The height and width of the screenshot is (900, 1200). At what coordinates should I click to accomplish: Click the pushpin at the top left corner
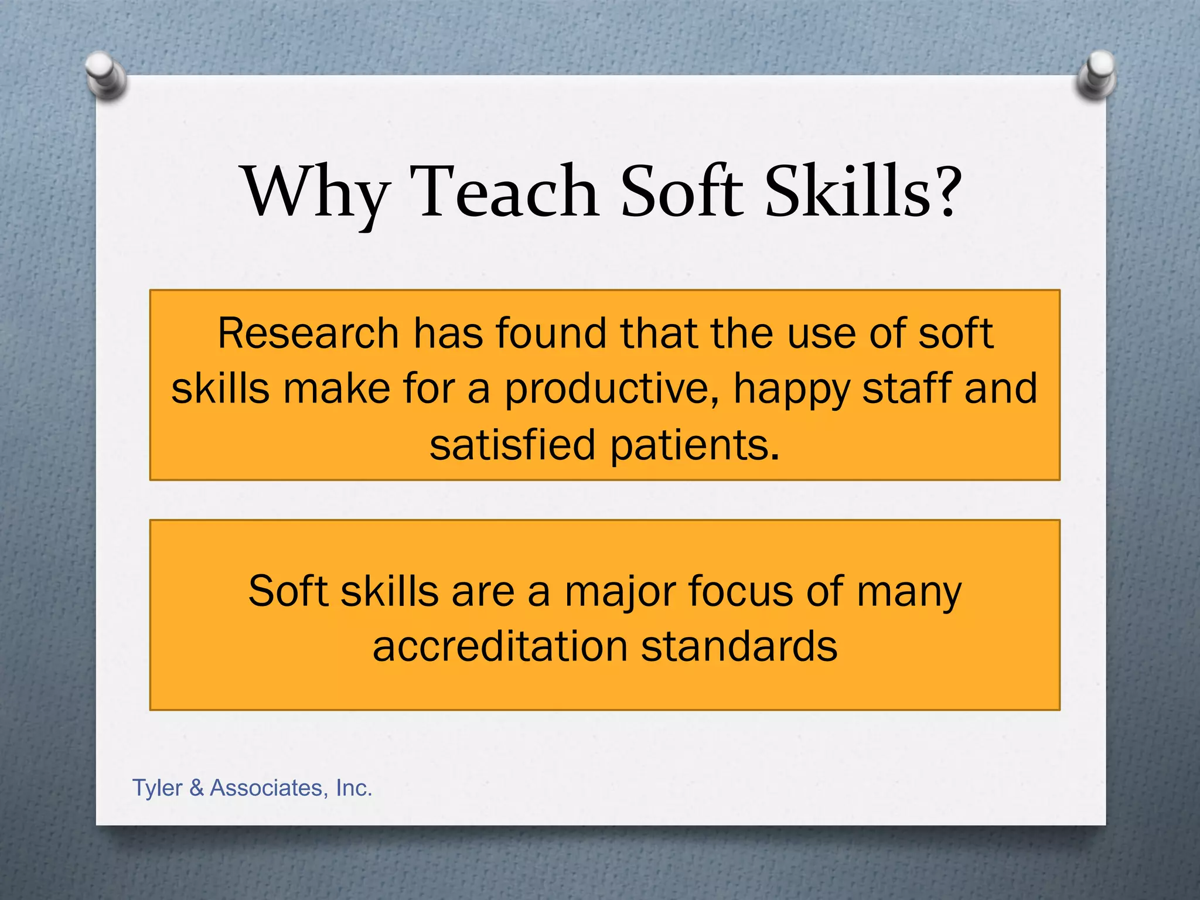pyautogui.click(x=105, y=75)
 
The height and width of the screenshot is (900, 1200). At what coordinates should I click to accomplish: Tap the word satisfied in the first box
pyautogui.click(x=512, y=445)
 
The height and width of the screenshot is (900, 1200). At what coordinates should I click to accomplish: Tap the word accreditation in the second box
pyautogui.click(x=500, y=647)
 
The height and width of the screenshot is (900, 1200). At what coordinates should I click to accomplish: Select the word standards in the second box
pyautogui.click(x=739, y=647)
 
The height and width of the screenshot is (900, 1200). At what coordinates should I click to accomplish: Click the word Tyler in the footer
pyautogui.click(x=157, y=789)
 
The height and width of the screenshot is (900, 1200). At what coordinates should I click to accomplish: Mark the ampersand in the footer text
pyautogui.click(x=196, y=788)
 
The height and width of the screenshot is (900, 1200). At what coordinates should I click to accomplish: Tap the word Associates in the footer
pyautogui.click(x=269, y=788)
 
